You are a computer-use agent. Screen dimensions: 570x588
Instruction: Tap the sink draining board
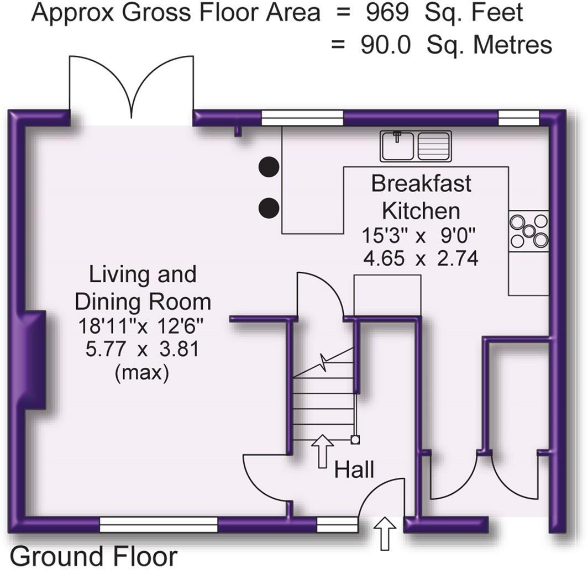[x=434, y=145]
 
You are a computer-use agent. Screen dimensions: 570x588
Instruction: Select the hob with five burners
[x=529, y=231]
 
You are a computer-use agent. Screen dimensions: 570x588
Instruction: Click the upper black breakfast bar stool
[x=269, y=166]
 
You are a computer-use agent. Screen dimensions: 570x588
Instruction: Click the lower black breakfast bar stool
[x=269, y=207]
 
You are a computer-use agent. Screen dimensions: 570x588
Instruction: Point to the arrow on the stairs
[x=322, y=451]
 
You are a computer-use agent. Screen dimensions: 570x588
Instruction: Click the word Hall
[x=354, y=470]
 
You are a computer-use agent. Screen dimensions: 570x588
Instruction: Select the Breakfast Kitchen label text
[x=421, y=197]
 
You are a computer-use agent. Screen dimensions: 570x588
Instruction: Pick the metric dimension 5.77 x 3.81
[x=143, y=350]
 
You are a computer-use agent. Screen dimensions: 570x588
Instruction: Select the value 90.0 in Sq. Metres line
[x=386, y=45]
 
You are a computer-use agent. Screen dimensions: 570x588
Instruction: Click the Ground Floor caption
[x=94, y=556]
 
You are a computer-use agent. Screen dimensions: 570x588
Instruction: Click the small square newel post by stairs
[x=355, y=440]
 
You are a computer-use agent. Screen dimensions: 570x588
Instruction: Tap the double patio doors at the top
[x=131, y=91]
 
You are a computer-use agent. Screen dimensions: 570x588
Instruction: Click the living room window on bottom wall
[x=159, y=524]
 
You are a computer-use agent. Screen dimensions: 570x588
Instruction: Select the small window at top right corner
[x=518, y=116]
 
